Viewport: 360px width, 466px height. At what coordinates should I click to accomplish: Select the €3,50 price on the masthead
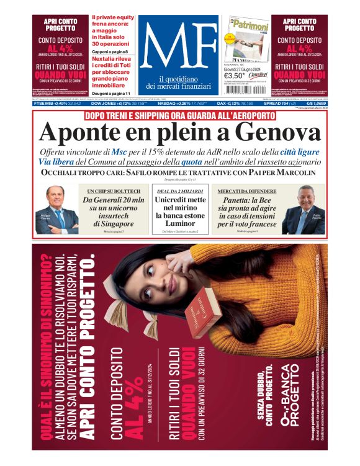pyautogui.click(x=241, y=74)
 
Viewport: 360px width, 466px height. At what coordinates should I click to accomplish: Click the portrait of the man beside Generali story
pyautogui.click(x=57, y=209)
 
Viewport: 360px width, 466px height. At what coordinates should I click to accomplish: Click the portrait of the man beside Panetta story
pyautogui.click(x=302, y=209)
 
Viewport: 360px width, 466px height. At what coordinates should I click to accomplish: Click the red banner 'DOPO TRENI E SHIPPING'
pyautogui.click(x=179, y=115)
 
